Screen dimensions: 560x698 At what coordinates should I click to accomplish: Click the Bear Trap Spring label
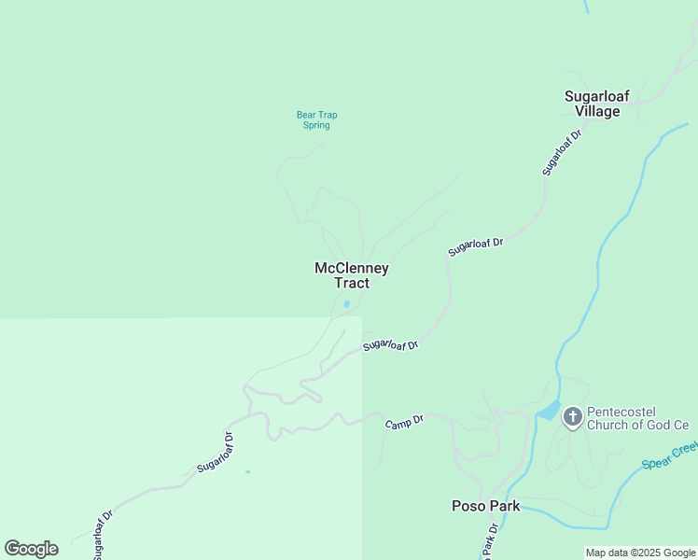(x=316, y=120)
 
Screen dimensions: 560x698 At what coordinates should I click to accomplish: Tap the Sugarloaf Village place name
(x=597, y=104)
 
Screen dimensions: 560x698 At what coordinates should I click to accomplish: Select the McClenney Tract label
(x=351, y=275)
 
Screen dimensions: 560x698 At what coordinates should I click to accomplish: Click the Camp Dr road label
(x=404, y=422)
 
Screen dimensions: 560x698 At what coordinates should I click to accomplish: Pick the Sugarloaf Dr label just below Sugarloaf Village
(x=562, y=152)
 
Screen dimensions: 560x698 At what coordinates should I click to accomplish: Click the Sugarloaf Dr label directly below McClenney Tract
(x=390, y=344)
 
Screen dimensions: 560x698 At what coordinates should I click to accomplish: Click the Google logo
(x=31, y=549)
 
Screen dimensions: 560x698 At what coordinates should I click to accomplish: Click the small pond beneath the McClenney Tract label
(x=347, y=303)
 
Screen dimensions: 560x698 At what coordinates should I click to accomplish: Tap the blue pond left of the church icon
(x=549, y=412)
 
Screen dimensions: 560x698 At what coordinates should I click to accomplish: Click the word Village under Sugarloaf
(x=597, y=112)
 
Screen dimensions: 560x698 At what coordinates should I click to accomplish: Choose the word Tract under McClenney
(x=351, y=284)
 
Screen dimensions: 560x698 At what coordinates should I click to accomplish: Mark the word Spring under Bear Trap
(x=316, y=125)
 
